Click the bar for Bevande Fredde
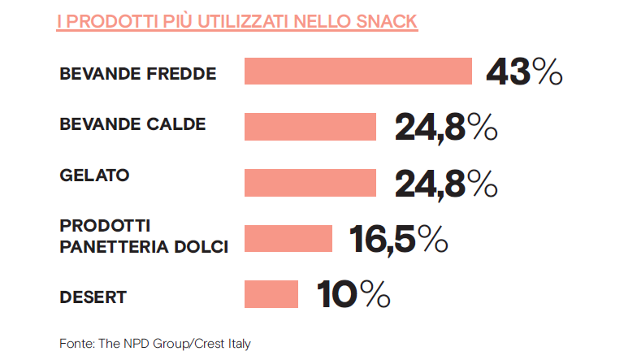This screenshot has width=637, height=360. pyautogui.click(x=358, y=71)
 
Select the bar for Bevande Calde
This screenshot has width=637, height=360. pyautogui.click(x=310, y=127)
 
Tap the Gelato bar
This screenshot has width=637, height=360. pyautogui.click(x=310, y=182)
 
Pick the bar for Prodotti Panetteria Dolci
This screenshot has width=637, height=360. pyautogui.click(x=288, y=238)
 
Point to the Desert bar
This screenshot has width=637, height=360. pyautogui.click(x=271, y=293)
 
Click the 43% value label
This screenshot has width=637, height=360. pyautogui.click(x=524, y=72)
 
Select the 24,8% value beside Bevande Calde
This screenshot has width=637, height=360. pyautogui.click(x=446, y=128)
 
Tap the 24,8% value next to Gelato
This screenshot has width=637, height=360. pyautogui.click(x=446, y=184)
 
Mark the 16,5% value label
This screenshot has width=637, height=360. pyautogui.click(x=399, y=239)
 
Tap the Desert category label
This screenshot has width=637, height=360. pyautogui.click(x=93, y=297)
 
